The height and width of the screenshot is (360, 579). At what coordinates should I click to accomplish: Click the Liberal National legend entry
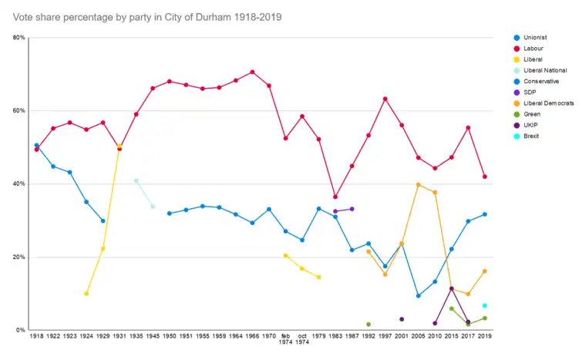click(544, 70)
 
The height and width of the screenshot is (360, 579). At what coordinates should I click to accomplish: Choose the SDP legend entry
click(530, 92)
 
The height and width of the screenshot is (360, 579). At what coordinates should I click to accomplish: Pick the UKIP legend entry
click(531, 125)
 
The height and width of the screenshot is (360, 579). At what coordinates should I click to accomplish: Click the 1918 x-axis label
click(36, 337)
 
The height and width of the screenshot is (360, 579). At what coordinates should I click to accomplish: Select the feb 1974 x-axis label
click(285, 340)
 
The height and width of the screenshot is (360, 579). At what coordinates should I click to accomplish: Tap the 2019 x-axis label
click(485, 337)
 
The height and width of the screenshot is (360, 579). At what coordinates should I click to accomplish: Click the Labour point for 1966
click(252, 72)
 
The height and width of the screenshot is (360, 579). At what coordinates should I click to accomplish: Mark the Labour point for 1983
click(335, 197)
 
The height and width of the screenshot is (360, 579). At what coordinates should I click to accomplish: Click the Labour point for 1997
click(385, 99)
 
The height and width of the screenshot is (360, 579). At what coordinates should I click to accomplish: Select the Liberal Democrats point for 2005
click(419, 185)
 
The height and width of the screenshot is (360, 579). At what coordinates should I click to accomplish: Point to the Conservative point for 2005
click(419, 296)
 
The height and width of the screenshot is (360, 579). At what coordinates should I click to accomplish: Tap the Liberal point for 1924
click(86, 294)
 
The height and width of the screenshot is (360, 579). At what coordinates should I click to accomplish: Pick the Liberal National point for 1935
click(136, 180)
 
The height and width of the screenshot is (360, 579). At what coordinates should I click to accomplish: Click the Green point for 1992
click(369, 325)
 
